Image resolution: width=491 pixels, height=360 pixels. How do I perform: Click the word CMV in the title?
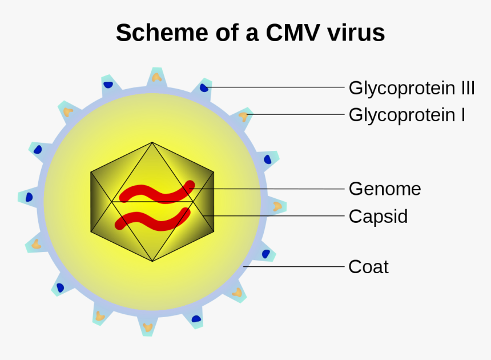(292, 33)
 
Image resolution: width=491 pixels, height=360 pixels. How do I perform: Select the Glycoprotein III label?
(412, 89)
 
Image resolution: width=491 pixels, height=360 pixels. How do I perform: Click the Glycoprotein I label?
(407, 115)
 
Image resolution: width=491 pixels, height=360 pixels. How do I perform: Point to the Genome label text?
(384, 189)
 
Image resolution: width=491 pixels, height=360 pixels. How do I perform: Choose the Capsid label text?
(378, 217)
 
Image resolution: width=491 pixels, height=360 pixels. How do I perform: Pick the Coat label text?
(368, 267)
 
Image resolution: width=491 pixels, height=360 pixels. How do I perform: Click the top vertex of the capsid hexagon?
(152, 143)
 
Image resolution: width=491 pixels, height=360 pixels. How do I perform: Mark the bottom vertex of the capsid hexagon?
(152, 261)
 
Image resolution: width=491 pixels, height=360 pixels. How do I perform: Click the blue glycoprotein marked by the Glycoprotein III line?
(204, 87)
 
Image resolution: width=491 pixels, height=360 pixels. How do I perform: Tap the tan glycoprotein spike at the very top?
(156, 77)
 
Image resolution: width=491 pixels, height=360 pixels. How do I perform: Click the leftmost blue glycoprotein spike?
(29, 197)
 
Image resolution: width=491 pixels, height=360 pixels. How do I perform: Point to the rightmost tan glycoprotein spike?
(277, 206)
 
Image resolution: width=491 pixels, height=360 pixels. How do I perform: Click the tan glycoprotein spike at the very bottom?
(148, 327)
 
